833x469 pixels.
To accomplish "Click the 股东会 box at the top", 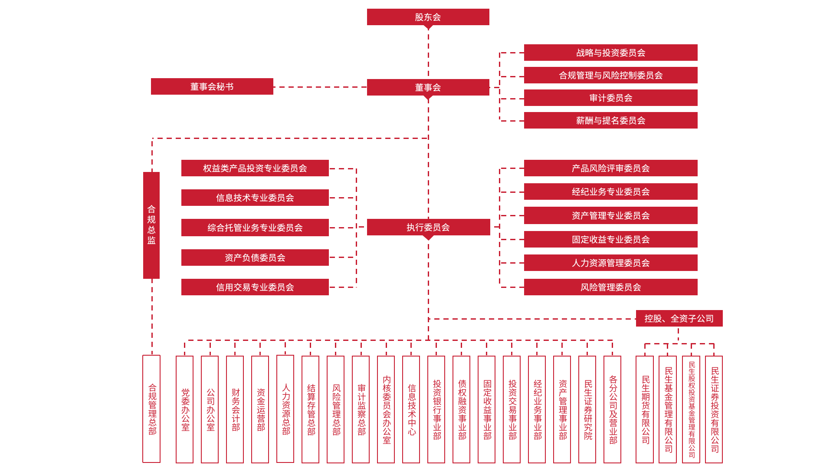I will point(428,17).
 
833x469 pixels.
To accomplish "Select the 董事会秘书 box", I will point(212,86).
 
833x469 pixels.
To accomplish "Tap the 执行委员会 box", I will point(428,227).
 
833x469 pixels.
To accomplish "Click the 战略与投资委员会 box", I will point(610,53).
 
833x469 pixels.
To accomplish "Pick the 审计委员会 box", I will point(610,98).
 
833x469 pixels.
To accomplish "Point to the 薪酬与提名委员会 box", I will point(610,120).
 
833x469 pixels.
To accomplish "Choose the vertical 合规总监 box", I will point(151,225).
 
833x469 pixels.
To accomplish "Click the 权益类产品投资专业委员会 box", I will point(255,168).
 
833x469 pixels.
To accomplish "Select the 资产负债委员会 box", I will point(255,258).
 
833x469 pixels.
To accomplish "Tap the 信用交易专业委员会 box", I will point(255,287).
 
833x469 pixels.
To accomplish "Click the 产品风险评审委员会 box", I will point(610,168).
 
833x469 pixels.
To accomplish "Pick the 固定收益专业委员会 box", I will point(610,239).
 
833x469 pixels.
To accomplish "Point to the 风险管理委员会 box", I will point(610,287).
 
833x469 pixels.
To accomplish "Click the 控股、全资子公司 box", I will point(679,318).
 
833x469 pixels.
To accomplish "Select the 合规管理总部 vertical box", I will point(152,409).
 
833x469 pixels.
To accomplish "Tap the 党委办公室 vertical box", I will point(185,409).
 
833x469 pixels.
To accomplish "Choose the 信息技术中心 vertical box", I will point(411,409).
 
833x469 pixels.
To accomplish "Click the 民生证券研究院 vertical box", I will point(587,409).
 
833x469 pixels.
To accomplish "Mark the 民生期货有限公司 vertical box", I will point(645,409).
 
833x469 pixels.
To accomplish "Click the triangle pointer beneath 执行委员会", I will point(428,238).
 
